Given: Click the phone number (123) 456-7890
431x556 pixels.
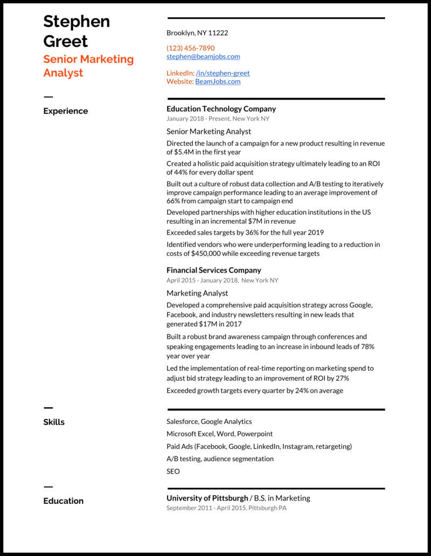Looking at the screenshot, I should tap(190, 48).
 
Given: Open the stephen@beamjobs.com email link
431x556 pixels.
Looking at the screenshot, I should tap(203, 57).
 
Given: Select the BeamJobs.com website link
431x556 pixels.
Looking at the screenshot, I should tap(218, 82).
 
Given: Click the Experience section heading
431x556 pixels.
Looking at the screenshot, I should tap(65, 111).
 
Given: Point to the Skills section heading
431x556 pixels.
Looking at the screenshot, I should tap(54, 422).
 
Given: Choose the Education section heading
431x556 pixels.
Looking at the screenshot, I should tap(63, 501).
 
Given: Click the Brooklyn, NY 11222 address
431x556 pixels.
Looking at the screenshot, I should tap(197, 33).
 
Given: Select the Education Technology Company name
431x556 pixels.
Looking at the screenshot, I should tap(221, 109).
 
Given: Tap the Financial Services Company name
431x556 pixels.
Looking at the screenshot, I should tap(213, 270).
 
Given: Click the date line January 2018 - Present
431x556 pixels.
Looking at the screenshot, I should tap(198, 119).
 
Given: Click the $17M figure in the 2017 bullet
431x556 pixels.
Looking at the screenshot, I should tap(206, 324).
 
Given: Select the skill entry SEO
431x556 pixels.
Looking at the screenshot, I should tap(173, 471).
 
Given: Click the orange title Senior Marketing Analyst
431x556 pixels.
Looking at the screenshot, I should tap(88, 66).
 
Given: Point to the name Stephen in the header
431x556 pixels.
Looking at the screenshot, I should tap(77, 22).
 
